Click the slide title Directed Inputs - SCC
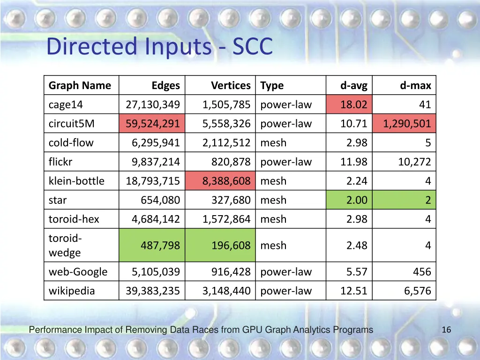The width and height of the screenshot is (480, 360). [159, 47]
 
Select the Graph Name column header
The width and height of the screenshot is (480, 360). [80, 85]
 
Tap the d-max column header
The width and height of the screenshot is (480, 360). [415, 85]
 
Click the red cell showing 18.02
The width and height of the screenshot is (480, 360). [353, 105]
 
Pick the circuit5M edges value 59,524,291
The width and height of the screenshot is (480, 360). [153, 124]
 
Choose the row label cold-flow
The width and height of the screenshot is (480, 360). [71, 143]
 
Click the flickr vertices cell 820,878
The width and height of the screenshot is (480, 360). [227, 162]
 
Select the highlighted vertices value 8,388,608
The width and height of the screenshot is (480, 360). [226, 181]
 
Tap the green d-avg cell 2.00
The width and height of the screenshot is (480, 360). [356, 200]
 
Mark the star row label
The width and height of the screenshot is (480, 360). [58, 200]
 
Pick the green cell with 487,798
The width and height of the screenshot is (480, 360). [160, 245]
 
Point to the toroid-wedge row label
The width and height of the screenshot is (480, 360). [65, 245]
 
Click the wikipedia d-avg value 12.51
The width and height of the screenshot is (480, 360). [353, 291]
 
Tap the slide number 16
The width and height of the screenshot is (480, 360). [446, 330]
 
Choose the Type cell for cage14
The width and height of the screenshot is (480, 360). [286, 105]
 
